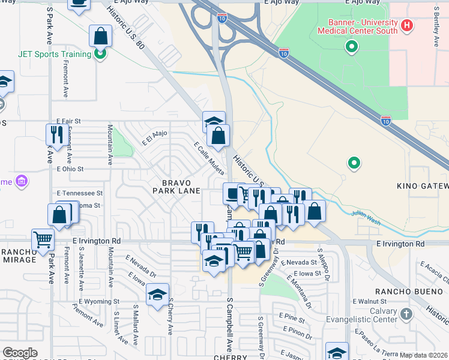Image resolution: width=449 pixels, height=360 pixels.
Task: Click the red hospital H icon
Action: (x=408, y=26)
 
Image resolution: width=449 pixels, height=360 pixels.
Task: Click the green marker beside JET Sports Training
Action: (x=100, y=54)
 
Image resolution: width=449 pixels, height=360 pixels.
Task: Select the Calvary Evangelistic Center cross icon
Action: (x=406, y=314)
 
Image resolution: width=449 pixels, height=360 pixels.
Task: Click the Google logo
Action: (x=19, y=353)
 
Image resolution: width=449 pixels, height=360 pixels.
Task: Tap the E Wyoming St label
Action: (x=99, y=302)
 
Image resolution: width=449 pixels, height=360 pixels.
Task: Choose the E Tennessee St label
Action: (x=80, y=193)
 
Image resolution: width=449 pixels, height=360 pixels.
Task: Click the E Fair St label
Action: (x=68, y=121)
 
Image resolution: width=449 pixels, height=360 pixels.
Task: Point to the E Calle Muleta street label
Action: (x=209, y=158)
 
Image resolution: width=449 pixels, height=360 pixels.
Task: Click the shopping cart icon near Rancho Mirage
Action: (x=43, y=240)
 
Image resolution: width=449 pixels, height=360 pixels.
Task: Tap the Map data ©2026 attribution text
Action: (x=424, y=355)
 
